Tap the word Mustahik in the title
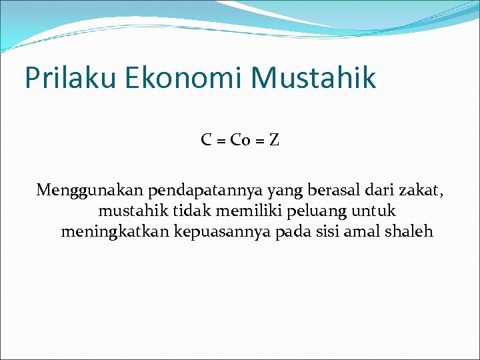314,78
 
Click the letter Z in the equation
273,140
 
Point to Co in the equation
238,140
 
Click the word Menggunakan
90,191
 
